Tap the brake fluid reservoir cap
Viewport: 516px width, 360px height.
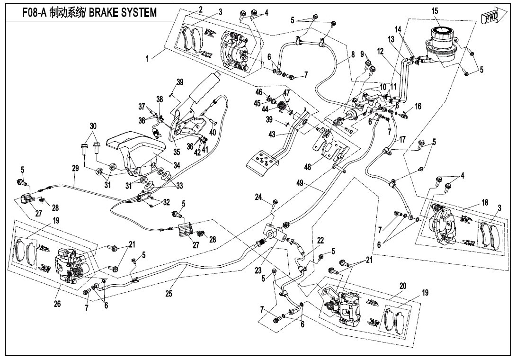tap(441, 33)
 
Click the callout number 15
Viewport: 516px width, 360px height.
tap(435, 11)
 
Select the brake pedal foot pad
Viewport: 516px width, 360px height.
tap(262, 164)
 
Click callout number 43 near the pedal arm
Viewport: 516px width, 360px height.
tap(272, 135)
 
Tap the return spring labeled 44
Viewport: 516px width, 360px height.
tap(283, 106)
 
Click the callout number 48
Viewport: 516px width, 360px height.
tap(308, 167)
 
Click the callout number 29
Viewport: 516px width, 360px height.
tap(75, 168)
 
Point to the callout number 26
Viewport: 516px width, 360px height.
tap(57, 303)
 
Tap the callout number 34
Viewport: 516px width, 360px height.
tap(177, 165)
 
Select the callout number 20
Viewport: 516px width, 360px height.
tap(403, 286)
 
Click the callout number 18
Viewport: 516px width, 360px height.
tap(485, 202)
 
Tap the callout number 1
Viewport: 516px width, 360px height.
tap(148, 59)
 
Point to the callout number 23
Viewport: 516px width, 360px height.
tap(258, 270)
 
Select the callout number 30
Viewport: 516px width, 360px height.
tap(93, 126)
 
